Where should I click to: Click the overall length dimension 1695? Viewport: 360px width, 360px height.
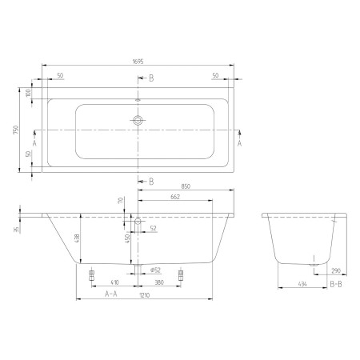[x=138, y=58]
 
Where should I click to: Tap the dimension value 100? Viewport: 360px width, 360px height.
[x=28, y=94]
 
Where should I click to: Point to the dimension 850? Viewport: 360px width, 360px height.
[x=186, y=186]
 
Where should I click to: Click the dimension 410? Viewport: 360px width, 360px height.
[x=114, y=282]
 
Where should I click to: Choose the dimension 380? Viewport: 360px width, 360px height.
[x=159, y=282]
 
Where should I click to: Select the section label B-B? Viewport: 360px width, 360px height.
[x=338, y=283]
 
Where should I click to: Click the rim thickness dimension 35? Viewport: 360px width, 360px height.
[x=16, y=230]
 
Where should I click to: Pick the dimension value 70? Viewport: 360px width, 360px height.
[x=121, y=201]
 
